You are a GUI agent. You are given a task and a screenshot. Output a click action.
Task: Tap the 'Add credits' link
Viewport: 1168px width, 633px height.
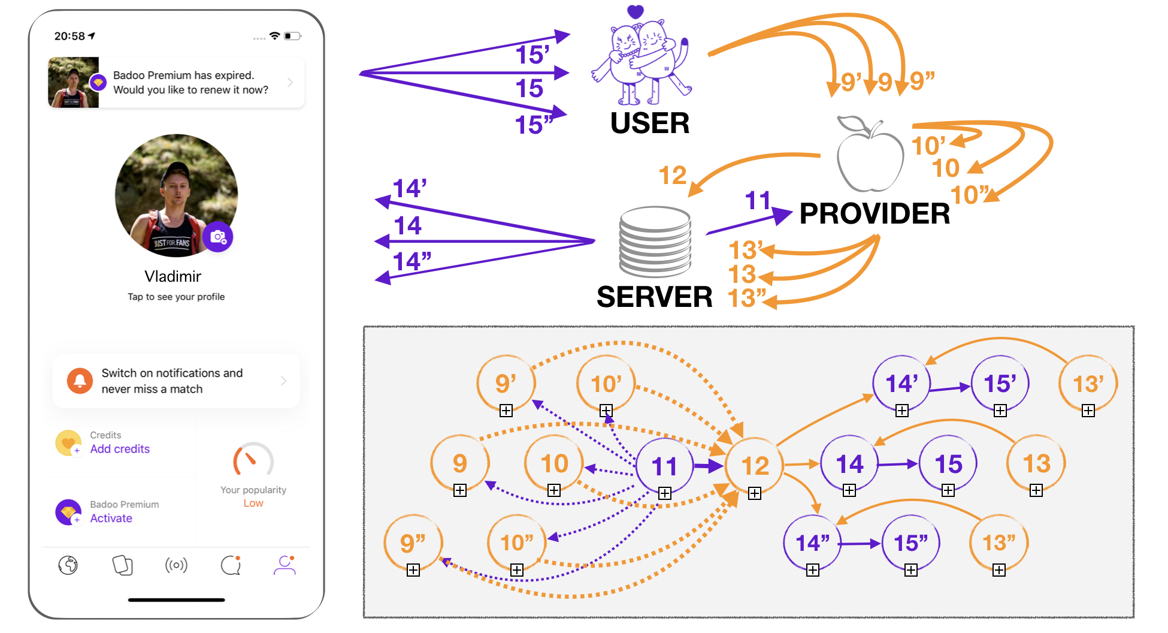point(120,449)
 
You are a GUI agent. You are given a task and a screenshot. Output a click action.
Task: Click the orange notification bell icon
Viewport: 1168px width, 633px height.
point(80,381)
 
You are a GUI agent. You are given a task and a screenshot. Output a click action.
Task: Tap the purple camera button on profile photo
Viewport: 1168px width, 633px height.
point(218,237)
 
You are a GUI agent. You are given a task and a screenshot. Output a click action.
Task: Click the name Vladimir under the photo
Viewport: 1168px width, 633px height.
point(173,276)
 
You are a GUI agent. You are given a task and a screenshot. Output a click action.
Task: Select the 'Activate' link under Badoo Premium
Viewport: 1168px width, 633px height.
point(111,519)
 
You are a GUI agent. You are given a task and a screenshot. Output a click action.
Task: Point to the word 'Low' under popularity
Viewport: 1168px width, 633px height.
point(253,504)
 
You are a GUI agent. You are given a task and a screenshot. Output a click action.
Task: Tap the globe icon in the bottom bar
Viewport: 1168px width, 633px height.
point(68,565)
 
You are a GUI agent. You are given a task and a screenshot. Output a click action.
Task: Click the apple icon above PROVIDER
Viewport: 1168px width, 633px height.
point(870,154)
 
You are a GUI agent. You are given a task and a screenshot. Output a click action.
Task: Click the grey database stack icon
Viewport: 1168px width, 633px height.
point(655,241)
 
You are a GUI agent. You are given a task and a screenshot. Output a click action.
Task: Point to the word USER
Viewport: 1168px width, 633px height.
point(650,123)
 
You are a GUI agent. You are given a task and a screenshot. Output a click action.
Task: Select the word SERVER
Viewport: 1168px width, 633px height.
point(654,297)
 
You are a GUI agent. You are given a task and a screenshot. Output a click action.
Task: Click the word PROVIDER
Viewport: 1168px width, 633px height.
point(875,214)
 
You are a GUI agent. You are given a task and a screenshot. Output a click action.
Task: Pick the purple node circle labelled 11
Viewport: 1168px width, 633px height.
point(664,466)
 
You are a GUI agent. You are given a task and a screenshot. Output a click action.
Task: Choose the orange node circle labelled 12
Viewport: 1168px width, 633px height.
point(755,466)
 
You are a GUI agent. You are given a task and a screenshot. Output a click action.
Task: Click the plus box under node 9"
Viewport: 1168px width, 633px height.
point(413,570)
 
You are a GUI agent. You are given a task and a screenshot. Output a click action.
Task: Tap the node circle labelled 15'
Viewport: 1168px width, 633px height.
point(1000,384)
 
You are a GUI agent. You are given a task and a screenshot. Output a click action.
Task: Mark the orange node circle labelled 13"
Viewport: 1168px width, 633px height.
point(998,542)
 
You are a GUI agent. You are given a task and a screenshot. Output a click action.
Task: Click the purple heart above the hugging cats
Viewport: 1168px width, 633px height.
point(636,11)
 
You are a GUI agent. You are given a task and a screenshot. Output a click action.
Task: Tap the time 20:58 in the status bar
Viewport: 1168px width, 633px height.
point(70,36)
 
